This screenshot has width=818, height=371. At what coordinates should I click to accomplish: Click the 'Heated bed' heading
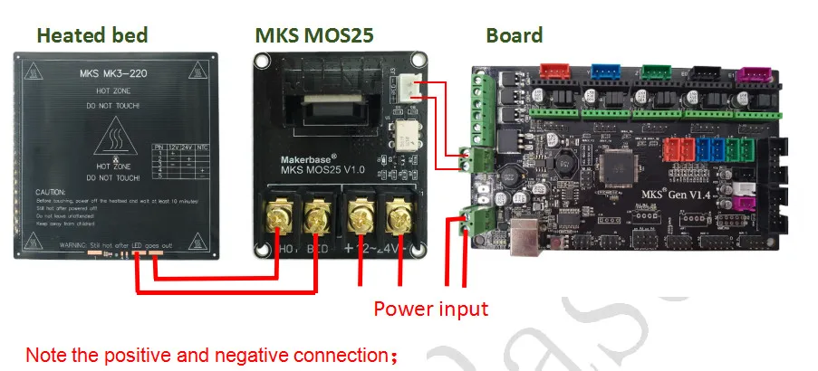[91, 36]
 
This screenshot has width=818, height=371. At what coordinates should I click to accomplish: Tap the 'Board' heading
[514, 36]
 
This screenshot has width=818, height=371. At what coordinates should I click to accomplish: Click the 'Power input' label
[431, 309]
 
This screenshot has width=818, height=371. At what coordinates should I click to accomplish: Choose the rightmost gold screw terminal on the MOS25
[396, 218]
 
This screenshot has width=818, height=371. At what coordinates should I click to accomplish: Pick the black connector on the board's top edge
[703, 72]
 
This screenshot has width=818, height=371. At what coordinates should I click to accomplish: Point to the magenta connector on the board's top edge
[751, 72]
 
